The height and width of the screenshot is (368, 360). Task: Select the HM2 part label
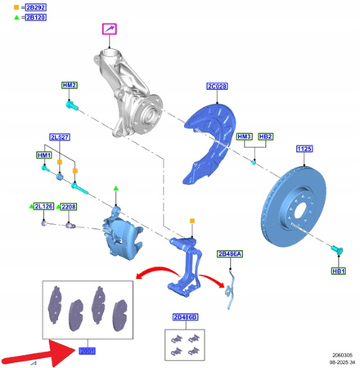[x=70, y=86]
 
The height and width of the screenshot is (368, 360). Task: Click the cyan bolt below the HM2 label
[x=71, y=105]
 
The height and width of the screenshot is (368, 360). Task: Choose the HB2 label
[x=266, y=137]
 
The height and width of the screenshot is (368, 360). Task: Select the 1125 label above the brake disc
[x=304, y=149]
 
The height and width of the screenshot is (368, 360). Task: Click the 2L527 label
[x=59, y=137]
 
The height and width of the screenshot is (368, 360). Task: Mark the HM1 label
[x=43, y=155]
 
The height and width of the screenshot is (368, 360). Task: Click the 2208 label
[x=68, y=208]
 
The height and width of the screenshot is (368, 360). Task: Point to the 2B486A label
[x=230, y=254]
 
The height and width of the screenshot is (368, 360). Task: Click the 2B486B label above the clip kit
[x=184, y=316]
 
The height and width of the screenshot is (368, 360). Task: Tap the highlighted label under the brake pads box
[x=88, y=350]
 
